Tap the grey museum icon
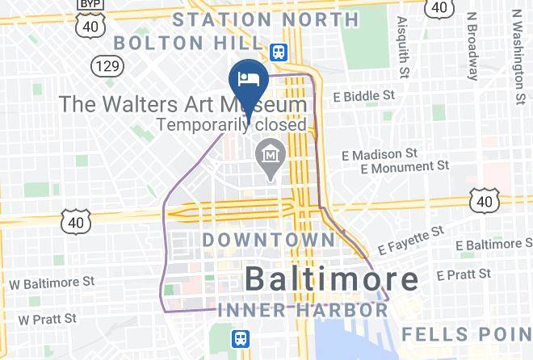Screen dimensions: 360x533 [x=267, y=152]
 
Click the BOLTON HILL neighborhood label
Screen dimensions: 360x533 [x=189, y=41]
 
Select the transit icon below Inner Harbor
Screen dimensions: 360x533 [x=240, y=338]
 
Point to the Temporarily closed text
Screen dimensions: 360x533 [x=232, y=125]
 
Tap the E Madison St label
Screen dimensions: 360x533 [x=379, y=153]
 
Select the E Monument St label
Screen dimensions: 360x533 [x=405, y=167]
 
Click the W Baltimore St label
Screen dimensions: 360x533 [x=52, y=283]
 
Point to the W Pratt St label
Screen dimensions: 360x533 [x=48, y=319]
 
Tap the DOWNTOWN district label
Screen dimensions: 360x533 [x=267, y=240]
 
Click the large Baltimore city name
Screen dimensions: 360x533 [x=331, y=279]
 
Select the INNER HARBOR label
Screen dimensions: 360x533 [x=301, y=309]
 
